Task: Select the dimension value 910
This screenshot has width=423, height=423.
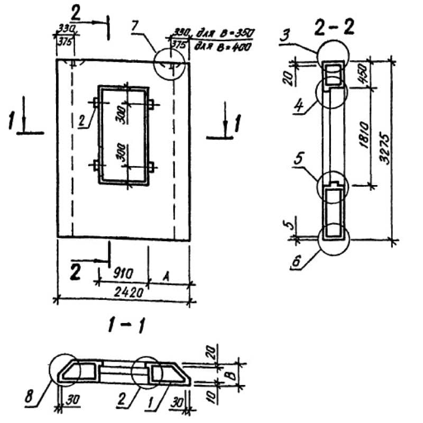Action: (123, 274)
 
